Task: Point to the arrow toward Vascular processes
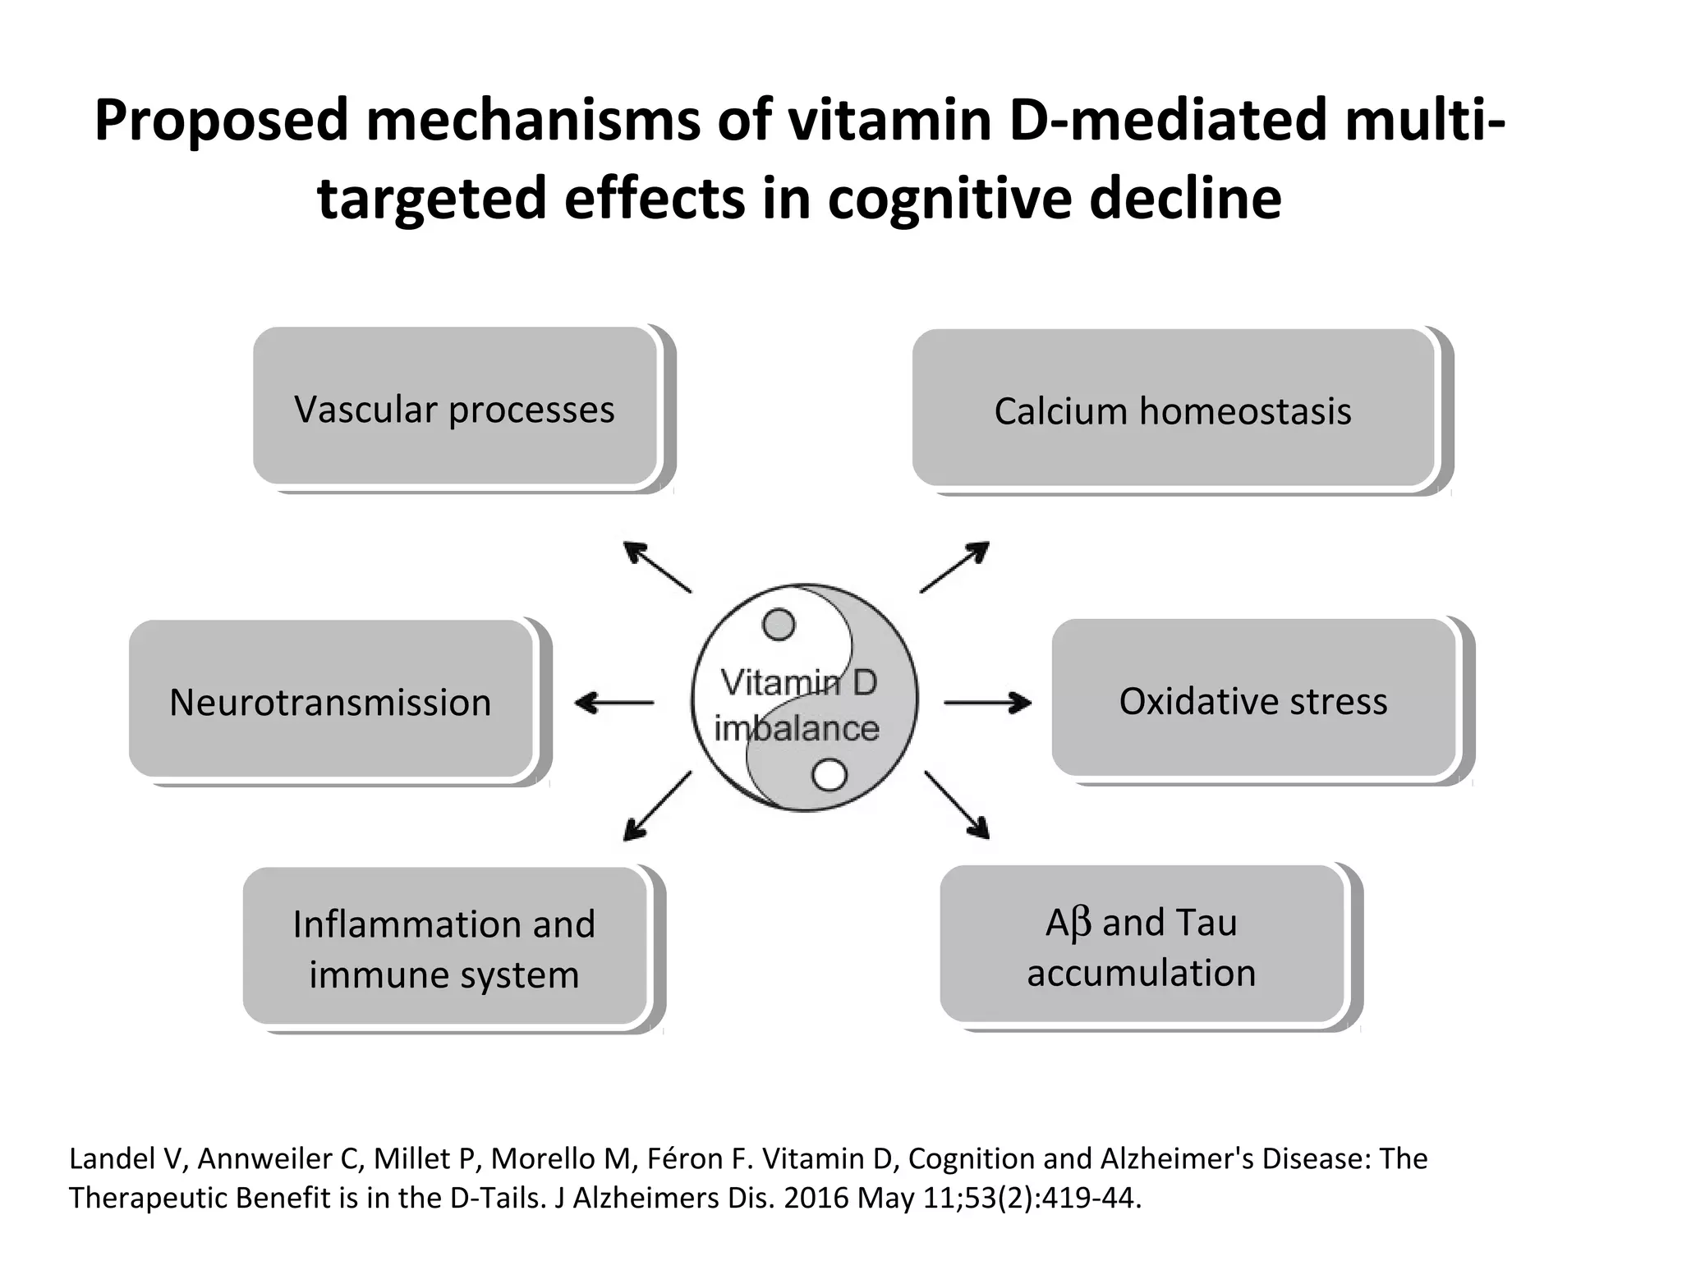click(657, 566)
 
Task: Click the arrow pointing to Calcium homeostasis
click(954, 566)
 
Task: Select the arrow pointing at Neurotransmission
click(614, 703)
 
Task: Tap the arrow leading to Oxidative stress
click(988, 703)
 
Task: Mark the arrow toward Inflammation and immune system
click(657, 806)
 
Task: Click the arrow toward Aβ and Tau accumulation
click(957, 805)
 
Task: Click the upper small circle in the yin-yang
click(779, 625)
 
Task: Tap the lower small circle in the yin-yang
click(829, 775)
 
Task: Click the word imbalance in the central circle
click(796, 729)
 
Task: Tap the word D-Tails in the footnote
click(498, 1198)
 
